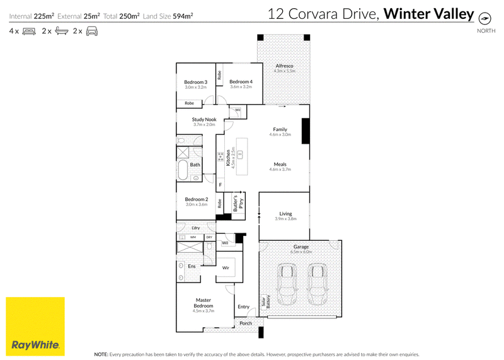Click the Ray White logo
35,326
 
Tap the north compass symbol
484,18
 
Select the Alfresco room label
285,66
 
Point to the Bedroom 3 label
196,82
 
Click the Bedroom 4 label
241,82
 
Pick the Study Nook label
204,119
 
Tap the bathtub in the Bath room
183,170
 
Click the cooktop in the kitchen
220,157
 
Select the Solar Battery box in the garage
265,302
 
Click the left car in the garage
287,284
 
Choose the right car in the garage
318,284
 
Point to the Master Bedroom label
203,303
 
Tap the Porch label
246,323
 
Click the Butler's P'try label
239,203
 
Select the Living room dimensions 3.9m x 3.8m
286,219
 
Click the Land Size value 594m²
183,16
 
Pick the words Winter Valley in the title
429,14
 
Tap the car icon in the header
92,31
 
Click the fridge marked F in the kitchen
220,185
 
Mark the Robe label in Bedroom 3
190,103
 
